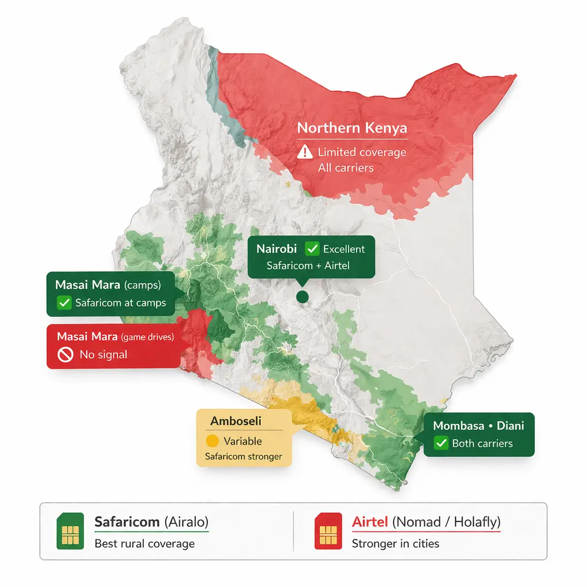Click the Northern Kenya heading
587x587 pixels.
coord(351,128)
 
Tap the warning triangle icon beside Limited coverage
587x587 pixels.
coord(305,152)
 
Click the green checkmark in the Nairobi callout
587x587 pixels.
coord(312,249)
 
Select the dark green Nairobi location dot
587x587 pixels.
coord(302,296)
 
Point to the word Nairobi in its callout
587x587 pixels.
coord(277,249)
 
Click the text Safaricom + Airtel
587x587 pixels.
coord(308,265)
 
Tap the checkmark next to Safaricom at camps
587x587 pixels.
coord(64,303)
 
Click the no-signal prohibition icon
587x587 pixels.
coord(65,355)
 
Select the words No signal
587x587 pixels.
coord(103,355)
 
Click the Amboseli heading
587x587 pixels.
coord(236,421)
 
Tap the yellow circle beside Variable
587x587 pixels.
coord(212,441)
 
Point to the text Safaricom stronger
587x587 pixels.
coord(244,457)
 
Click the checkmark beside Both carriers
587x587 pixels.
coord(441,443)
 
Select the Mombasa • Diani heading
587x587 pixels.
coord(479,425)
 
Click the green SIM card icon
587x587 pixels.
coord(70,531)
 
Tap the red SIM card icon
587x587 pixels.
coord(328,531)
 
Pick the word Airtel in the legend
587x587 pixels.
coord(370,522)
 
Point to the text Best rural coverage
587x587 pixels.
coord(144,543)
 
